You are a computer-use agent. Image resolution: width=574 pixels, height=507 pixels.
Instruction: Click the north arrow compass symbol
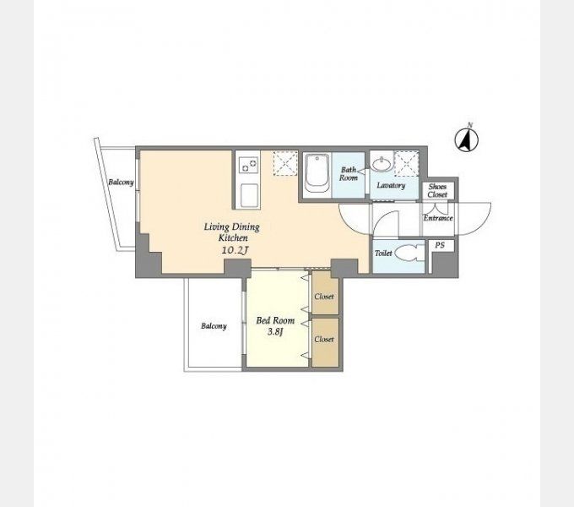tap(466, 139)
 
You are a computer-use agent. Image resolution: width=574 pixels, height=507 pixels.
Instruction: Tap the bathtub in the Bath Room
tap(317, 173)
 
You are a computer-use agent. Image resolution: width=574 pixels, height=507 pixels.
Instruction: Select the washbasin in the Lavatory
tap(382, 164)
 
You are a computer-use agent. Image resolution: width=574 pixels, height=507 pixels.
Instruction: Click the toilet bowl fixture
tap(410, 253)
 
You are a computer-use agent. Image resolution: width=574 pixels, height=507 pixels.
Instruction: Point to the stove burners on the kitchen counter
tap(248, 165)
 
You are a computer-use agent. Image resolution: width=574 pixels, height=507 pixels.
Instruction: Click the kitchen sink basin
tap(249, 196)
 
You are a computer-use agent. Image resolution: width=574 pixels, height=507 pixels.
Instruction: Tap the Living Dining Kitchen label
tap(232, 232)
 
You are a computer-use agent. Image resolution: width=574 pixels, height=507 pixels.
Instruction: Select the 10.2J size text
tap(235, 251)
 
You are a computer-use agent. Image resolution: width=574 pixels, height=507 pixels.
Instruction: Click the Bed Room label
tap(275, 320)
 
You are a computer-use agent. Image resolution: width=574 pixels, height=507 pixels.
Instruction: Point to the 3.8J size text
tap(275, 332)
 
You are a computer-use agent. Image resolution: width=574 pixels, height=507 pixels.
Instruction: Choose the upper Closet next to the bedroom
tap(325, 292)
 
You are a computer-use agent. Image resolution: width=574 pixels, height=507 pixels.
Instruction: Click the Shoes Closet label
tap(437, 190)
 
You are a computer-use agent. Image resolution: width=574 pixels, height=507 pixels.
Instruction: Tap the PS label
tap(440, 245)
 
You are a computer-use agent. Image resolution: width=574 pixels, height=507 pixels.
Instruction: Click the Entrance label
tap(438, 218)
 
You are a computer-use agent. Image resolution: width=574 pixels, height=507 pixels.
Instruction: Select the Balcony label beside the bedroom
tap(214, 326)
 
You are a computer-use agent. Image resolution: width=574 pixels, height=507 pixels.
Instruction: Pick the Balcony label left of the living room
tap(121, 182)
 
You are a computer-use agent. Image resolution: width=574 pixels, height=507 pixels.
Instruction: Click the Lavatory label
tap(391, 185)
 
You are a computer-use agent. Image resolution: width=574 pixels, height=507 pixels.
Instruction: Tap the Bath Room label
tap(348, 173)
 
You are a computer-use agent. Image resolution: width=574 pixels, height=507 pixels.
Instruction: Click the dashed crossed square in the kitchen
tap(285, 162)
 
